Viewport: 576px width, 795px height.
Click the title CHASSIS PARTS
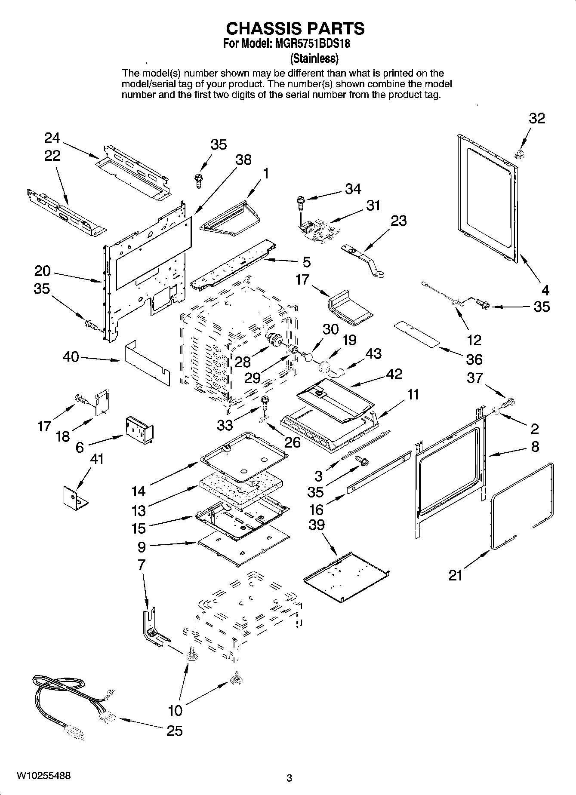[295, 28]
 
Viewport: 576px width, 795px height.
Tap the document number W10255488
[44, 776]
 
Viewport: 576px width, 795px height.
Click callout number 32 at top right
[536, 118]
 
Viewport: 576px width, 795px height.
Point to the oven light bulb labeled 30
[307, 356]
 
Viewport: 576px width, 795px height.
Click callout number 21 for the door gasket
[456, 575]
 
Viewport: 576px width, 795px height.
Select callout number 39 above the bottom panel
[317, 525]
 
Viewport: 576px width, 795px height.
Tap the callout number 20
[43, 271]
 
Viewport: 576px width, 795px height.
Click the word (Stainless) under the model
[314, 58]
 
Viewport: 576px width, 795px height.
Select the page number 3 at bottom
[289, 777]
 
